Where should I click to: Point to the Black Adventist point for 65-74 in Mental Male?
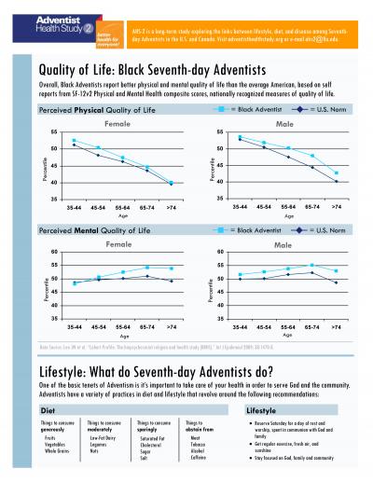(x=312, y=266)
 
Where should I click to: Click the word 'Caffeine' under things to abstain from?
(x=199, y=430)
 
